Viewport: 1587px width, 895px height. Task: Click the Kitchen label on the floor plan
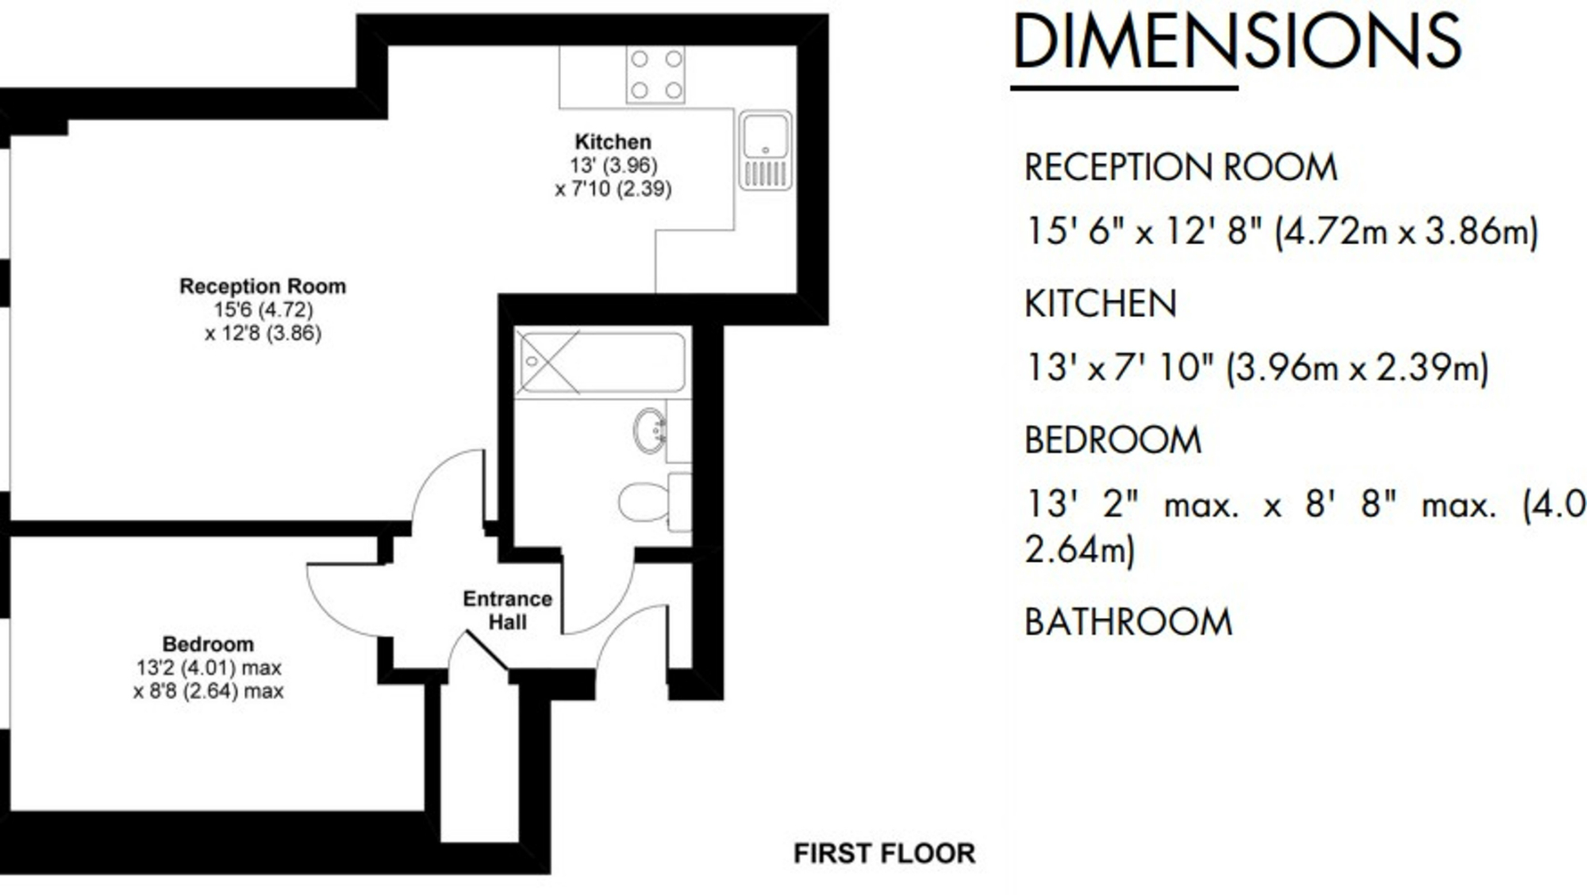click(613, 142)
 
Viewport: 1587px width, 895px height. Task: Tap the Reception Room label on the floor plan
click(263, 286)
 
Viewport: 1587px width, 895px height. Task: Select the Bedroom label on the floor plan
click(208, 643)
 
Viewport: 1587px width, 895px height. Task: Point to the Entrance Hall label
click(507, 609)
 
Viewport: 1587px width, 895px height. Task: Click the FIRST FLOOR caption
click(884, 853)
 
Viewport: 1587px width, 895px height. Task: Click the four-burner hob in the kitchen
click(655, 75)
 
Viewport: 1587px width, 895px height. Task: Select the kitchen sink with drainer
click(766, 150)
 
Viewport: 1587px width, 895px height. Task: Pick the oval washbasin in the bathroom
click(650, 431)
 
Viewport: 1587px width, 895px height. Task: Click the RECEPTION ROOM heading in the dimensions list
click(1180, 167)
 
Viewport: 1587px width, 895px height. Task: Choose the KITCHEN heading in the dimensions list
click(1100, 304)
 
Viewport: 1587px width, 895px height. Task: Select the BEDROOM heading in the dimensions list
click(1112, 440)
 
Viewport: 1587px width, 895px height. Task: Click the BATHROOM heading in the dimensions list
click(1128, 622)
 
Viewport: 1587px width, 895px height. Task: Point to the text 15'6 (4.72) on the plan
click(263, 309)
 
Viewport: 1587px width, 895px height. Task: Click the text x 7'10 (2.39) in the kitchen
click(613, 189)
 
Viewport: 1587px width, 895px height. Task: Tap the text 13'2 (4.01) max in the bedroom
click(208, 667)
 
